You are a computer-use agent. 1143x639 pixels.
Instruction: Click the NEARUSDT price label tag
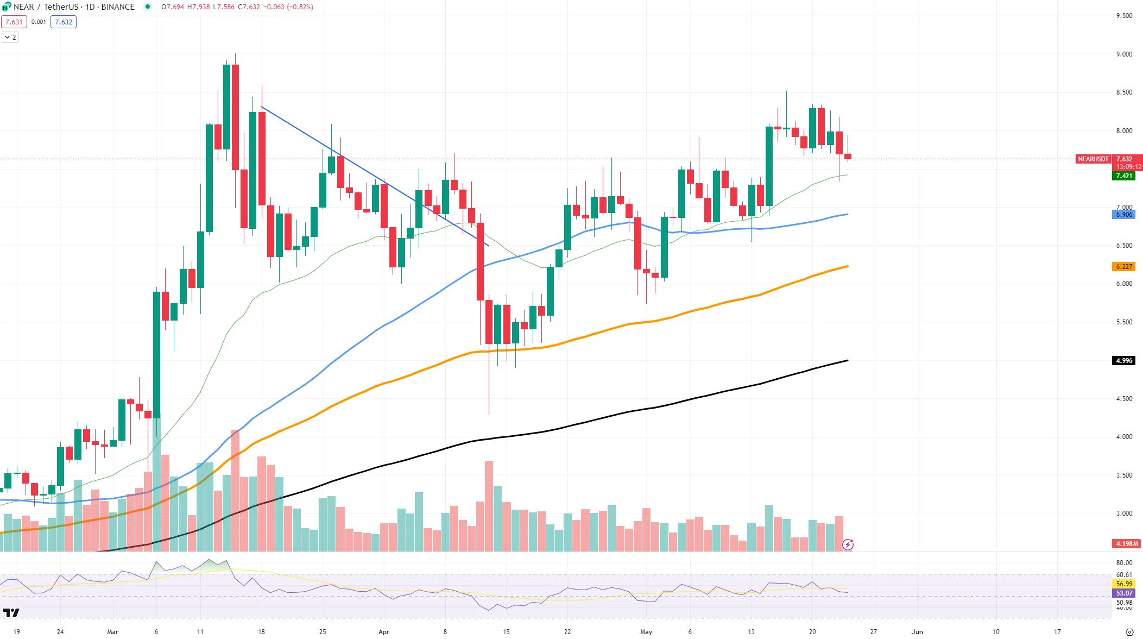(1093, 159)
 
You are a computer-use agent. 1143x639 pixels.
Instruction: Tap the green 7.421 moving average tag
(1123, 176)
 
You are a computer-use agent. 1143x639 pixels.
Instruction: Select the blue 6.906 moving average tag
(1123, 215)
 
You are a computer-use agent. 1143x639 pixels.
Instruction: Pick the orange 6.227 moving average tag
(1123, 267)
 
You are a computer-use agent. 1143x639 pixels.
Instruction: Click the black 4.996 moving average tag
(1123, 361)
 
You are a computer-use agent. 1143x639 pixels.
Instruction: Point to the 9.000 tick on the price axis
(1124, 54)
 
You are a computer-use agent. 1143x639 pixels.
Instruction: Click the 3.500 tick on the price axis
(1124, 475)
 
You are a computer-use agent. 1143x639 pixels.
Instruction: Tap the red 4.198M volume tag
(1127, 544)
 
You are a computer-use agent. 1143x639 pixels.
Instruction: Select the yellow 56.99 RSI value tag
(1124, 584)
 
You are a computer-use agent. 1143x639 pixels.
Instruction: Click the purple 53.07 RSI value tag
(1124, 593)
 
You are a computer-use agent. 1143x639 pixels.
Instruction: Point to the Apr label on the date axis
(384, 632)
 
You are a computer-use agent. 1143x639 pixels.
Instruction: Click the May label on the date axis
(646, 632)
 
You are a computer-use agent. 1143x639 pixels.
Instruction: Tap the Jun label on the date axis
(917, 632)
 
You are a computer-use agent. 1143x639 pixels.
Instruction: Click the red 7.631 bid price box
(14, 22)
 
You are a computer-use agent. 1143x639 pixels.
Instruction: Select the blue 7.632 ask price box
(64, 22)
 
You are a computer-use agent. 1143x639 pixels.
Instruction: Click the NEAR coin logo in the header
(6, 7)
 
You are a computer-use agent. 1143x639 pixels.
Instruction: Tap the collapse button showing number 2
(10, 37)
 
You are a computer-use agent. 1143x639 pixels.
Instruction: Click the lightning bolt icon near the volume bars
(848, 544)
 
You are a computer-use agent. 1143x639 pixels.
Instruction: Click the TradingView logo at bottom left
(11, 613)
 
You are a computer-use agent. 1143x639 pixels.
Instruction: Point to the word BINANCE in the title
(118, 7)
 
